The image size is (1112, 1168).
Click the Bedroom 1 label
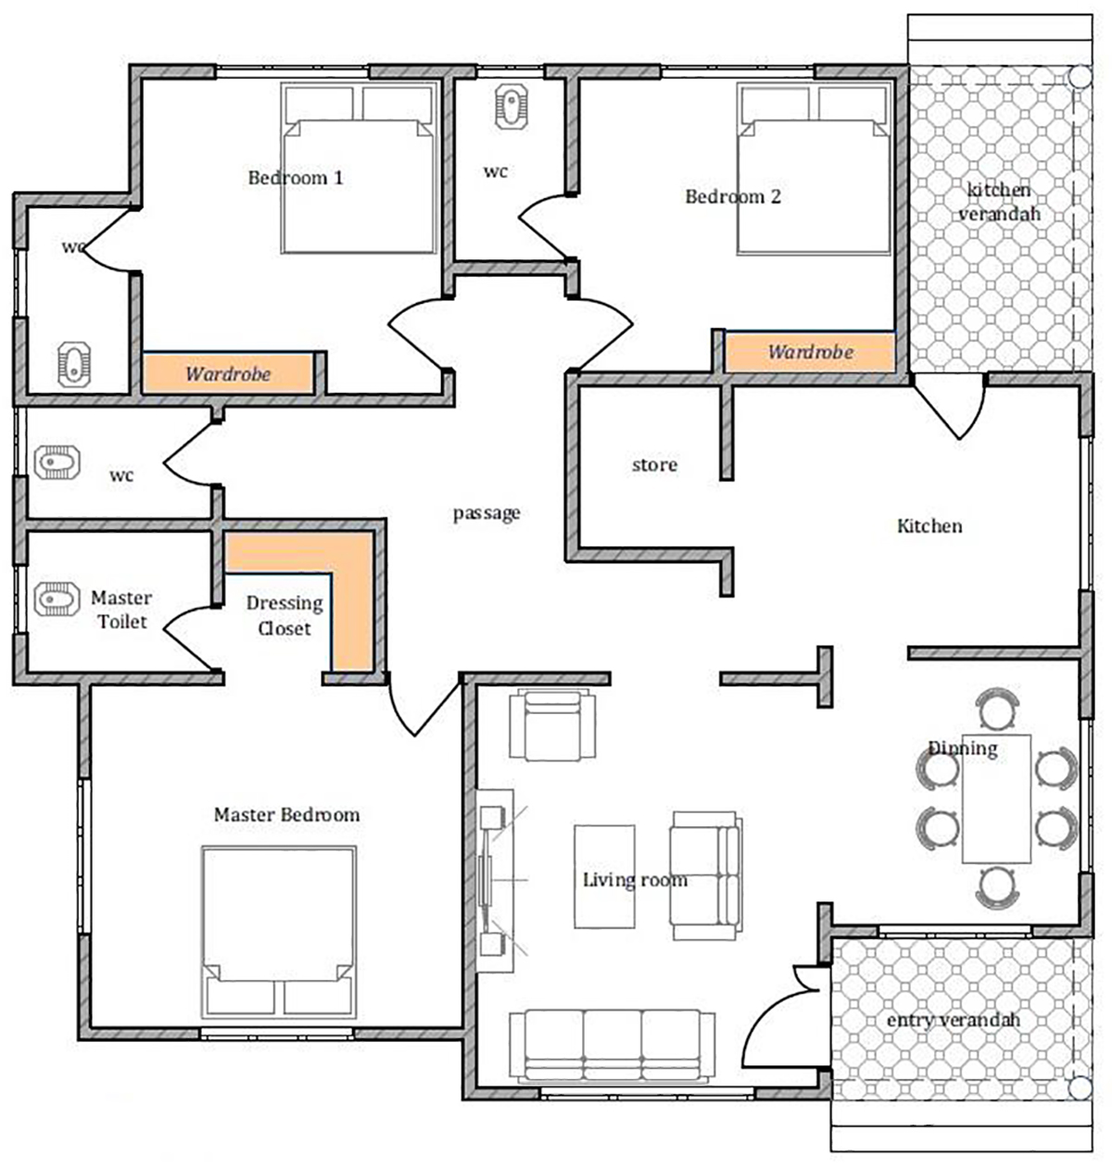pyautogui.click(x=296, y=178)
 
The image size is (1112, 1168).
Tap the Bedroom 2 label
pyautogui.click(x=732, y=196)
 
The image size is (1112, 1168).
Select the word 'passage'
pyautogui.click(x=486, y=513)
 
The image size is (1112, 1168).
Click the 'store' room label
pyautogui.click(x=654, y=465)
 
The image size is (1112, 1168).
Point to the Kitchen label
pyautogui.click(x=929, y=526)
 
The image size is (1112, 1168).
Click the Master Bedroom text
pyautogui.click(x=286, y=814)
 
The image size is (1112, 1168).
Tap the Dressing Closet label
pyautogui.click(x=284, y=615)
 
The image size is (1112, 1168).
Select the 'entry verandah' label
pyautogui.click(x=953, y=1020)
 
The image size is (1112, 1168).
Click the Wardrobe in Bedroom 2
pyautogui.click(x=810, y=352)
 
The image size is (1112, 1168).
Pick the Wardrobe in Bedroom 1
pyautogui.click(x=228, y=373)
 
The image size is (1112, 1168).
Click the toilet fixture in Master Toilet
pyautogui.click(x=57, y=599)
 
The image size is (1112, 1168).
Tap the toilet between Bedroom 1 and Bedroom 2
pyautogui.click(x=512, y=107)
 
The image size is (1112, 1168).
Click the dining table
pyautogui.click(x=996, y=798)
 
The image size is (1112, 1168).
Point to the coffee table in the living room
pyautogui.click(x=604, y=877)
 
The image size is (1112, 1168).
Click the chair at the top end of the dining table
pyautogui.click(x=997, y=709)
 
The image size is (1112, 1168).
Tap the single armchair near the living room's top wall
pyautogui.click(x=552, y=724)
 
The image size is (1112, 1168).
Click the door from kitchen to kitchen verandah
pyautogui.click(x=949, y=407)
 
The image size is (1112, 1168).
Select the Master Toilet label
pyautogui.click(x=121, y=609)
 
